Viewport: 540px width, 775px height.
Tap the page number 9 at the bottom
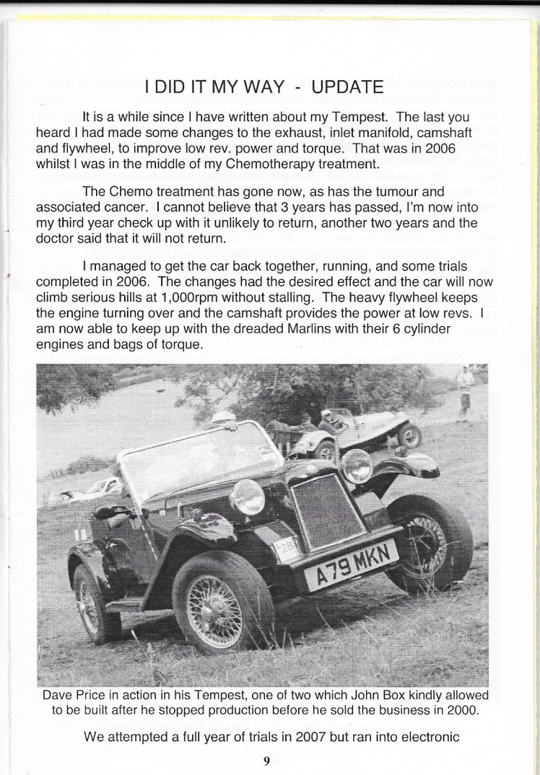click(266, 760)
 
